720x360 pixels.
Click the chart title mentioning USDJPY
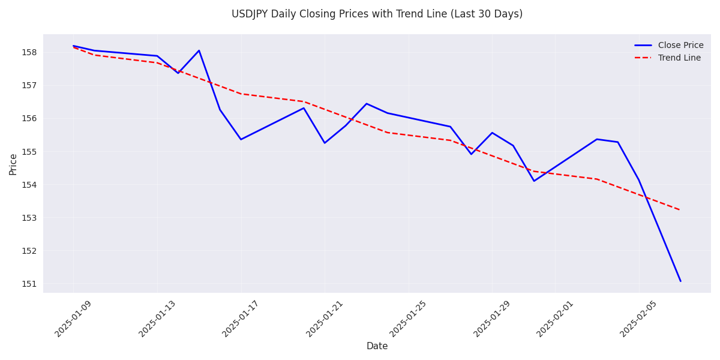click(x=377, y=14)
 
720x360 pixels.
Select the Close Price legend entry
click(x=680, y=46)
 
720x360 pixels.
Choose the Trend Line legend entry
click(x=679, y=58)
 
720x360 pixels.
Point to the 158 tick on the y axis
click(x=29, y=52)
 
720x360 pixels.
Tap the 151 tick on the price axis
click(x=29, y=284)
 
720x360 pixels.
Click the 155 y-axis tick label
click(x=29, y=152)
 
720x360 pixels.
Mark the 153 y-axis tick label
click(x=29, y=218)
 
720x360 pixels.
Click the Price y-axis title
click(x=13, y=164)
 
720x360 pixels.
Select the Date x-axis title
click(x=377, y=346)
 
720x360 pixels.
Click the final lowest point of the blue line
click(x=680, y=281)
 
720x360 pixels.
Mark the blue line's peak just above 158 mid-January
click(x=199, y=50)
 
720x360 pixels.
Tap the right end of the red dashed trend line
click(x=680, y=210)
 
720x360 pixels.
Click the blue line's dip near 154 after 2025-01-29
click(x=534, y=181)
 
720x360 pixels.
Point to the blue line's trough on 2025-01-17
click(x=241, y=139)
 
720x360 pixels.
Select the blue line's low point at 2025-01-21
click(x=325, y=143)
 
